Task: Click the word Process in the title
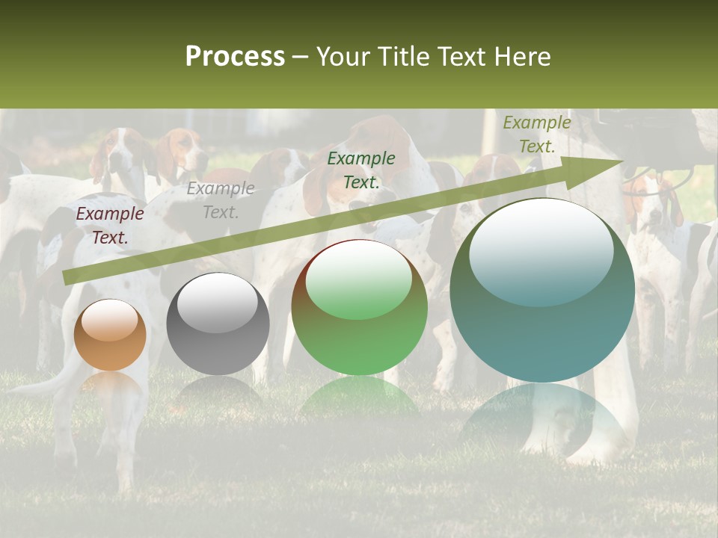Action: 235,57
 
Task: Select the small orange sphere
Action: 109,336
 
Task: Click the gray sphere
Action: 218,324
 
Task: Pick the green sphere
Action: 359,308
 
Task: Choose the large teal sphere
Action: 542,291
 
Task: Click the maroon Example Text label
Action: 110,225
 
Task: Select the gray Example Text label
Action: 221,200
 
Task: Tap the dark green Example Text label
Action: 361,170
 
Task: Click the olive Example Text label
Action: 536,134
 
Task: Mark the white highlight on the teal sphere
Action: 541,251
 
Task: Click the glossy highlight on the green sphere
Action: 358,281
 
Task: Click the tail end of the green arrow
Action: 71,276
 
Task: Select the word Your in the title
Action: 344,57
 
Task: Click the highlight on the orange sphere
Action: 109,321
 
